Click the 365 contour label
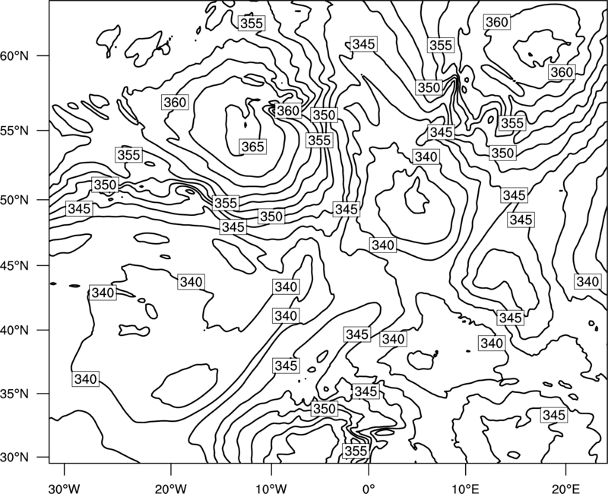[253, 147]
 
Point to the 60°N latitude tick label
[14, 55]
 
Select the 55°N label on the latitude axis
[14, 131]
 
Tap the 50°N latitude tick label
[14, 200]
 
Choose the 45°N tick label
[14, 265]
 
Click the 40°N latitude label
[14, 330]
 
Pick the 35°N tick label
[14, 394]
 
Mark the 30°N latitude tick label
[14, 458]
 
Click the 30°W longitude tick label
[65, 488]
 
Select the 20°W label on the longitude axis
[171, 488]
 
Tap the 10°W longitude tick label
[271, 488]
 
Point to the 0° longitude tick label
[369, 488]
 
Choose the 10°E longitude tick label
[465, 488]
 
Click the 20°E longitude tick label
[565, 488]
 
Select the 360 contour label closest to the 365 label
[288, 111]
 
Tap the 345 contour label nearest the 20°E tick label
[554, 415]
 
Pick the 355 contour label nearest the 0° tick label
[356, 451]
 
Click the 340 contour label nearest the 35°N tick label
[86, 378]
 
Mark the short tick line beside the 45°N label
[43, 265]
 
